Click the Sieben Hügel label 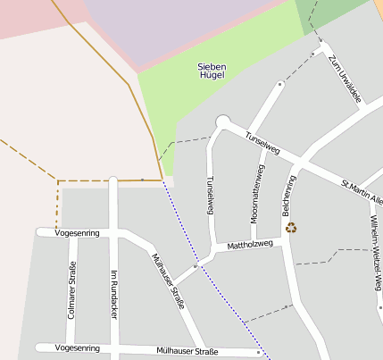212,71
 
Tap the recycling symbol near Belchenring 291,227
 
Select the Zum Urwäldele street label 344,80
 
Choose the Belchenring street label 288,196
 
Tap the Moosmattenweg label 256,193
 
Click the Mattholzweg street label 250,244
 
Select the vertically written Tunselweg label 211,194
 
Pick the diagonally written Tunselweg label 262,143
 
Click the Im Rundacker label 114,294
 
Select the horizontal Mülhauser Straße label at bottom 187,351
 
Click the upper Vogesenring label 77,232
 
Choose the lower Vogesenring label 77,347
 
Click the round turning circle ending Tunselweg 222,122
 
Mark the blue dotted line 214,272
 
